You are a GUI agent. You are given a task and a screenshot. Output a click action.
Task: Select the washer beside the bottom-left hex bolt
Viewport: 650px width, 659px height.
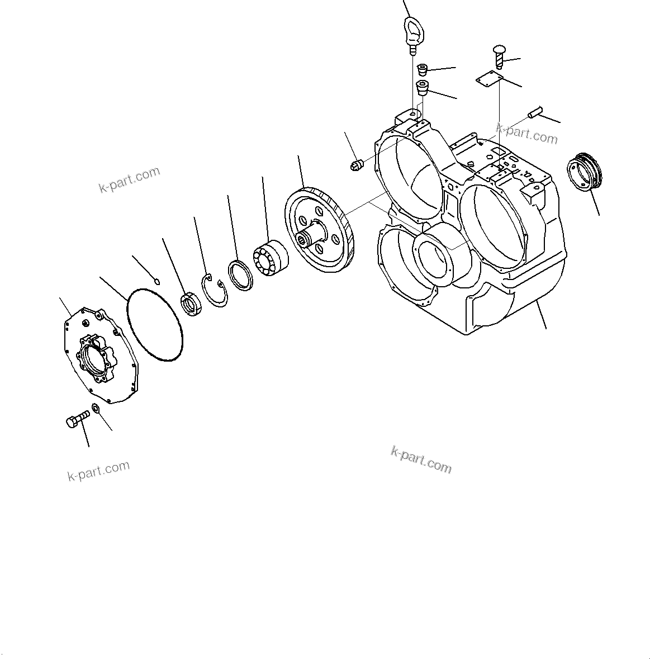tap(96, 409)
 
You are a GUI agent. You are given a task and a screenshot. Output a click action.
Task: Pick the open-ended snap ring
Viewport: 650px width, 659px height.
tap(215, 290)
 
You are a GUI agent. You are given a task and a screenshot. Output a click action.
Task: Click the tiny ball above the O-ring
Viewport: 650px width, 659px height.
tap(157, 280)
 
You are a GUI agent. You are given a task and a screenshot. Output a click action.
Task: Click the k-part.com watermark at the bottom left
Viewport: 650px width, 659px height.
tap(98, 471)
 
